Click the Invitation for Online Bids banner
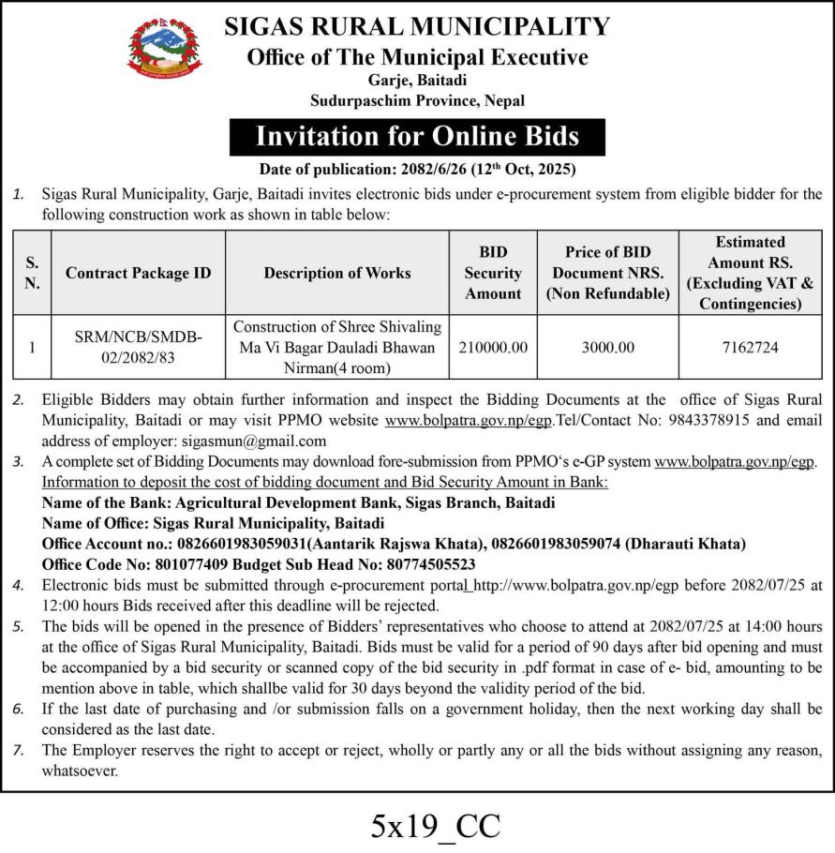(x=417, y=136)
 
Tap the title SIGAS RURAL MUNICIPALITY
(x=417, y=25)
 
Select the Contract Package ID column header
(x=139, y=273)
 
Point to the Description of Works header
(x=337, y=273)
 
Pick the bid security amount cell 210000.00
(x=494, y=347)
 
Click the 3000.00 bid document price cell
(x=607, y=347)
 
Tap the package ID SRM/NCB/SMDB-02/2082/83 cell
(x=139, y=347)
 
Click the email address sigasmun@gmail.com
(x=267, y=441)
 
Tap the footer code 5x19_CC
(x=436, y=826)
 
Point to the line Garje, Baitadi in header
(x=417, y=81)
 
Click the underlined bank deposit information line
(x=325, y=482)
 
